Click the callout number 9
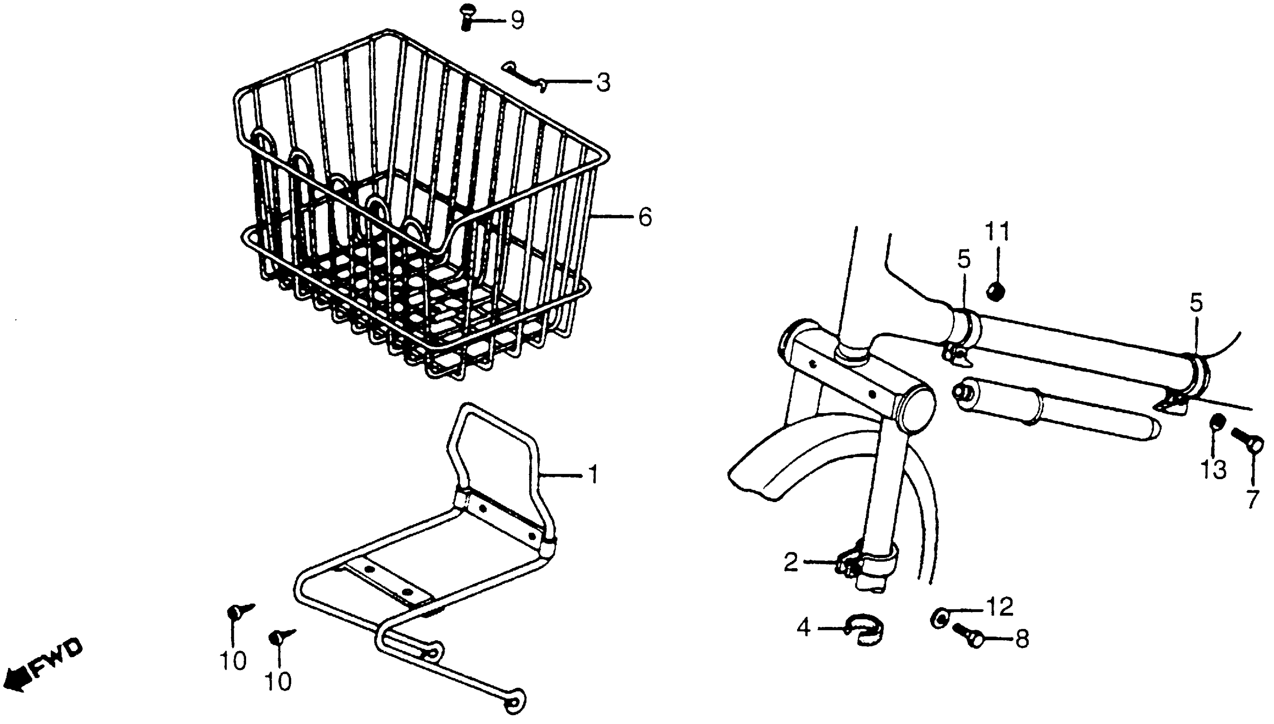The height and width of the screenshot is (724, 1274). [517, 20]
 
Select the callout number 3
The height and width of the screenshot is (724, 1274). [603, 83]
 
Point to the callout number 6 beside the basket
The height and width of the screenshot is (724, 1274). [645, 217]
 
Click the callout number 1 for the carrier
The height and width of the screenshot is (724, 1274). [593, 475]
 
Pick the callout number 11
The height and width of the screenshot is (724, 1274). [997, 232]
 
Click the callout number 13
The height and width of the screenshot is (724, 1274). [1214, 469]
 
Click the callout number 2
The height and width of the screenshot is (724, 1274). [791, 563]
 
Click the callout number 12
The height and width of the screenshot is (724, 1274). [1000, 606]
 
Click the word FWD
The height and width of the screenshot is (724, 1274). [57, 658]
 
